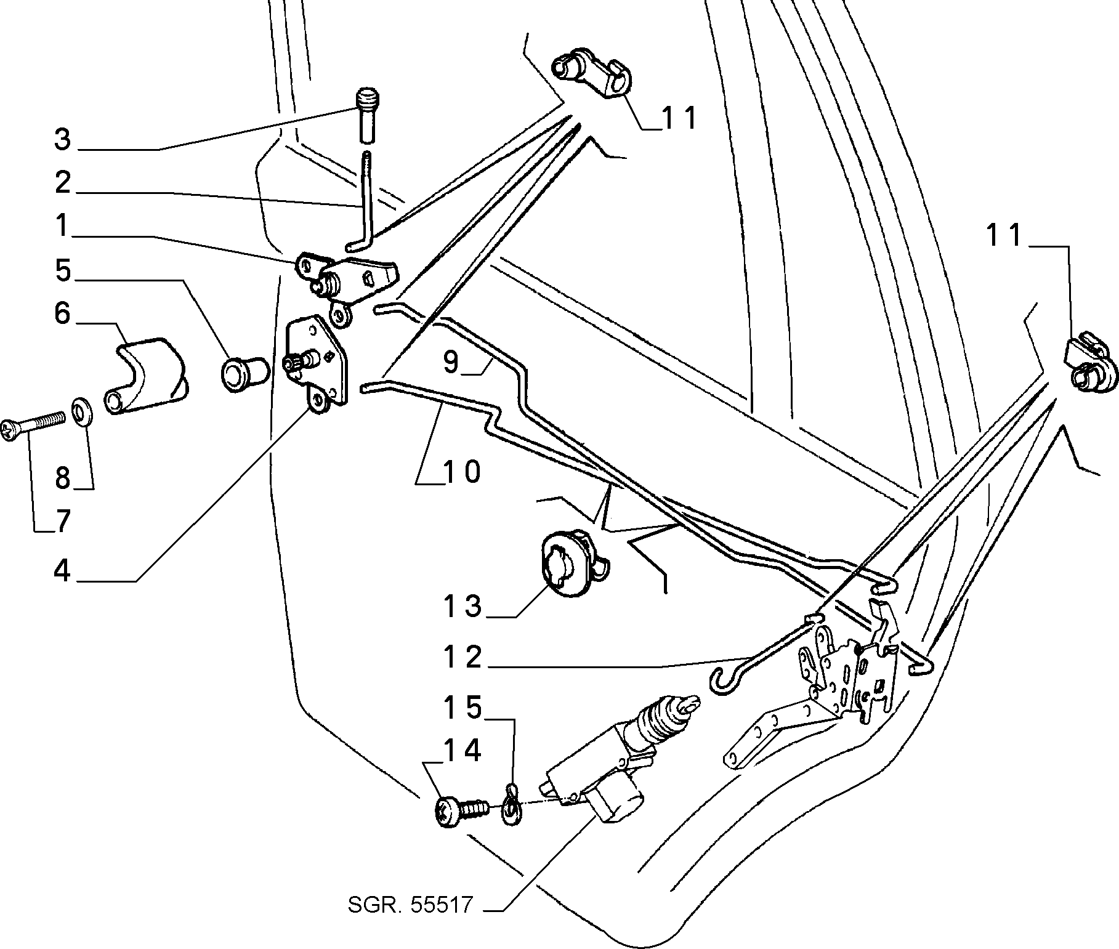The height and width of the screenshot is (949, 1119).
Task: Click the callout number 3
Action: (62, 139)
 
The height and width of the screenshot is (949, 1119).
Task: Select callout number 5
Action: (62, 270)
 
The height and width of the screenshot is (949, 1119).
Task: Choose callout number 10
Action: (462, 472)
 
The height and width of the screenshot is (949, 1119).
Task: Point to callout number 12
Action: (463, 657)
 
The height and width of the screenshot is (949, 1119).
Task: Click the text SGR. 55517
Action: (411, 922)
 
